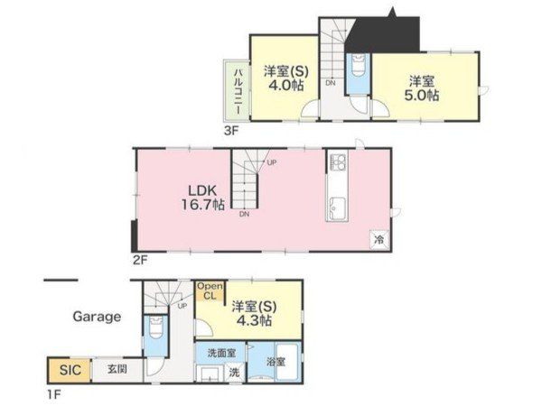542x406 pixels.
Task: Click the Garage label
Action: point(97,317)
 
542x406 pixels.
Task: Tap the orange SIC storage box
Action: point(70,370)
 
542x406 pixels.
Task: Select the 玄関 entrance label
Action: point(117,369)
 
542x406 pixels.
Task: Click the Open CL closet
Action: point(210,291)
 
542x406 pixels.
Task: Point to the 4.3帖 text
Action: point(254,320)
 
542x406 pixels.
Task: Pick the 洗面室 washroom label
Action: point(222,353)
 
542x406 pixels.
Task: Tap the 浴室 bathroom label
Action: point(276,362)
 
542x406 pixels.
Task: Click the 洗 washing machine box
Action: point(235,373)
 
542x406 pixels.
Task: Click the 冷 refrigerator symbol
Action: point(379,239)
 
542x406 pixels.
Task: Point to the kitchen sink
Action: point(337,208)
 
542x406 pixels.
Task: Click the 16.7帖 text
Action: point(203,205)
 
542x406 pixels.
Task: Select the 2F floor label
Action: point(140,260)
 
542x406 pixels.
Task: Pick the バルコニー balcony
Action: point(237,90)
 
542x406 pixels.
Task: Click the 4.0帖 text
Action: point(286,85)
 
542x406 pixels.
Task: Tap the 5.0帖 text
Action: point(422,95)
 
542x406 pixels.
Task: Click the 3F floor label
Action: point(231,131)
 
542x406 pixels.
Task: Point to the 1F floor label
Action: point(53,394)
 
